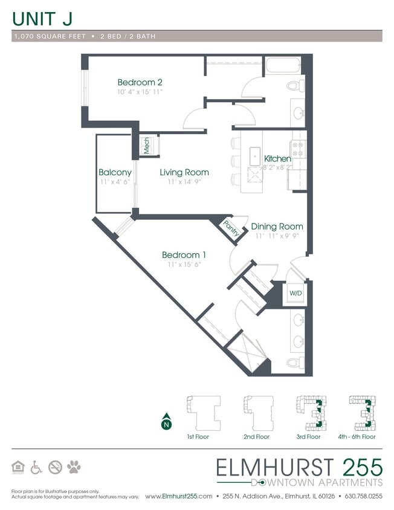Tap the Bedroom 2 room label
pyautogui.click(x=140, y=82)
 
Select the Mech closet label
pyautogui.click(x=146, y=146)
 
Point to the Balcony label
pyautogui.click(x=115, y=173)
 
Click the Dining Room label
pyautogui.click(x=277, y=227)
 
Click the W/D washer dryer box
pyautogui.click(x=295, y=293)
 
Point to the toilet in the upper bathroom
pyautogui.click(x=296, y=85)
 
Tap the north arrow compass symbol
pyautogui.click(x=166, y=423)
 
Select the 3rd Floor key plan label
pyautogui.click(x=308, y=436)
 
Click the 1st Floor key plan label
pyautogui.click(x=198, y=436)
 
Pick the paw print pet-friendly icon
pyautogui.click(x=74, y=466)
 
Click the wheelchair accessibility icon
pyautogui.click(x=37, y=466)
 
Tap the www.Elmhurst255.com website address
pyautogui.click(x=179, y=496)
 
